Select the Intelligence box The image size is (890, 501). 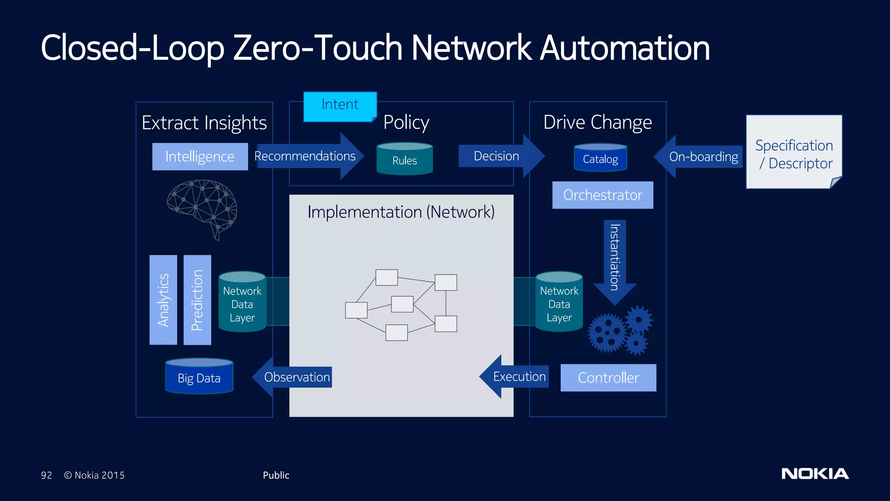[200, 157]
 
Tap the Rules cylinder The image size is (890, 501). [405, 159]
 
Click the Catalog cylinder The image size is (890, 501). [600, 158]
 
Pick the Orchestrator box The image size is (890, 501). [602, 195]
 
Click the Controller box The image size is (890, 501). [608, 377]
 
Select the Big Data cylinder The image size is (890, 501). [199, 377]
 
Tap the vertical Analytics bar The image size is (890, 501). [163, 300]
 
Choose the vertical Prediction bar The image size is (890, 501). [197, 300]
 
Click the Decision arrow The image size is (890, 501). [500, 156]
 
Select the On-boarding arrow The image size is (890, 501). [699, 157]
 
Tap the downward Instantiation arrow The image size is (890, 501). [614, 261]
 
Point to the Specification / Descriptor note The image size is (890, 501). [794, 152]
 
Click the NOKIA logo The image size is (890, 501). [815, 474]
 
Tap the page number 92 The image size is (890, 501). [46, 475]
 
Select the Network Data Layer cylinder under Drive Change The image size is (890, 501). [559, 302]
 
